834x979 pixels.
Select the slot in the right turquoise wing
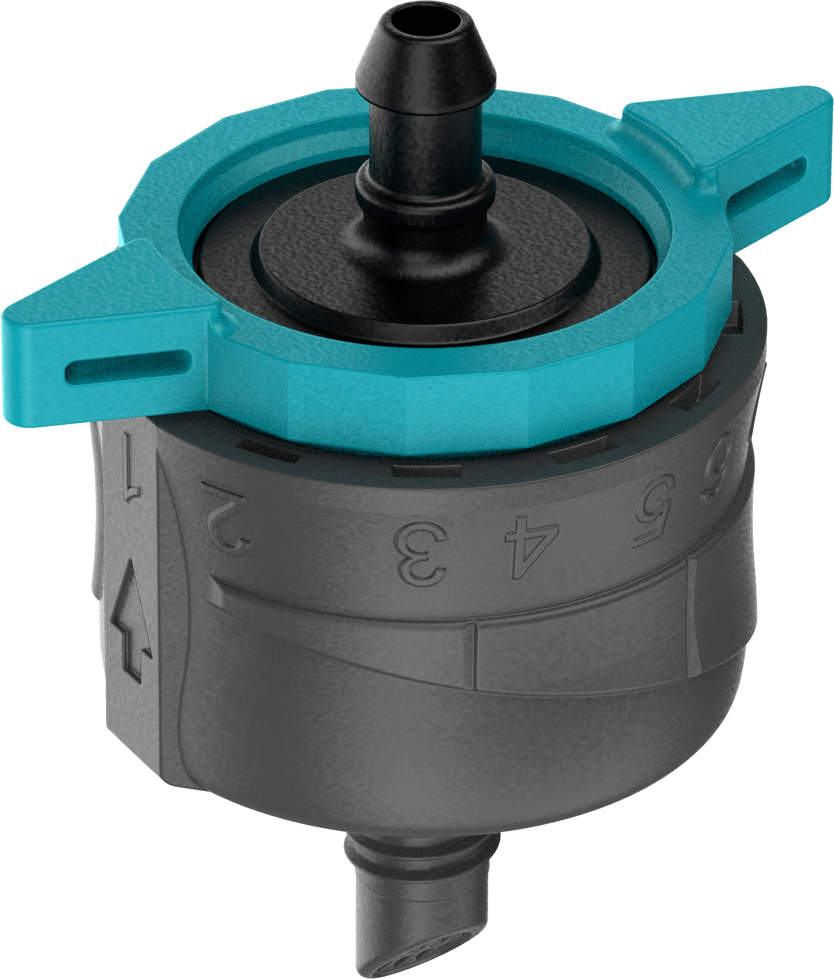click(x=767, y=186)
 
